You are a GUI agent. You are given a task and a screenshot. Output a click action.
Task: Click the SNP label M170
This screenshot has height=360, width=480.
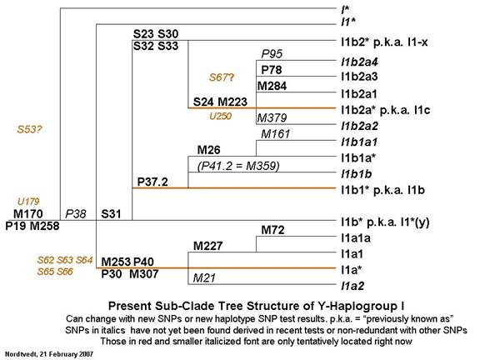point(28,213)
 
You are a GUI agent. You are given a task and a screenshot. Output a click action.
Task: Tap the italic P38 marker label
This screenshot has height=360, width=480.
point(76,213)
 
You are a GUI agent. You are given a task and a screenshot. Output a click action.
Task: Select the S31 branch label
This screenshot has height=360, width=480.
point(111,213)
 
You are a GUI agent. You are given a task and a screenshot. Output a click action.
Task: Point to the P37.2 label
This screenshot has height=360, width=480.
point(152,182)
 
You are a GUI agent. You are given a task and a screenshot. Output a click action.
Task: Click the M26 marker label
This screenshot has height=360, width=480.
point(209,150)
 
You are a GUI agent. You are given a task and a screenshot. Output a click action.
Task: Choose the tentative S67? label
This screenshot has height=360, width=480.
point(222,77)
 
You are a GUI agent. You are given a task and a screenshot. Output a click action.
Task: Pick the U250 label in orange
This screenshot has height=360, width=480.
point(220,116)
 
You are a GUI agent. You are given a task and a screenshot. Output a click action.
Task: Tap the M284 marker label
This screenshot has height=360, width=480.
point(272,86)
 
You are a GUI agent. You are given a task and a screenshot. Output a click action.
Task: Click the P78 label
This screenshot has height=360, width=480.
point(271,70)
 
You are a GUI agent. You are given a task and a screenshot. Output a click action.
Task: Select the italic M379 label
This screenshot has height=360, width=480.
point(272,117)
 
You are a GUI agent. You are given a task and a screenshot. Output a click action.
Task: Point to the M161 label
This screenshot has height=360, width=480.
point(275,134)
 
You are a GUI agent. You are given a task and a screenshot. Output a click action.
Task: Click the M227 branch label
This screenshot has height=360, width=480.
point(207,246)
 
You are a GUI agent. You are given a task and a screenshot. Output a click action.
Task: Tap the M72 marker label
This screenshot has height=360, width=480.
point(272,230)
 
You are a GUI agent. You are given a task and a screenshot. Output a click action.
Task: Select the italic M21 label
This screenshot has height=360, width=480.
point(204,277)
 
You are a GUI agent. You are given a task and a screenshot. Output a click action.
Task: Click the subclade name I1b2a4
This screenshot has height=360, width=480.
point(360,62)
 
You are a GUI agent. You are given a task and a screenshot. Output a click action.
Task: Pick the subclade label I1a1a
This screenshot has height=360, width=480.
point(356,237)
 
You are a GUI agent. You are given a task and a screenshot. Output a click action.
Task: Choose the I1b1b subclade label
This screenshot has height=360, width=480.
point(357,174)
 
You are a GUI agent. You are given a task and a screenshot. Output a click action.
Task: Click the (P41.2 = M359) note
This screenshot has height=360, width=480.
point(238,166)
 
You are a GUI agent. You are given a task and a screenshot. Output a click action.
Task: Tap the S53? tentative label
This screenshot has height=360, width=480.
point(29,129)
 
